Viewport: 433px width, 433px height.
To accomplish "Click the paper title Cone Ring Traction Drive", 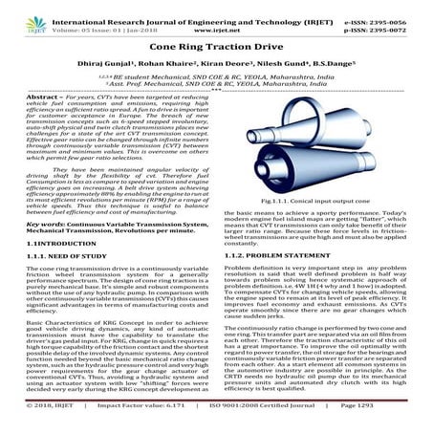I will [216, 45].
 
